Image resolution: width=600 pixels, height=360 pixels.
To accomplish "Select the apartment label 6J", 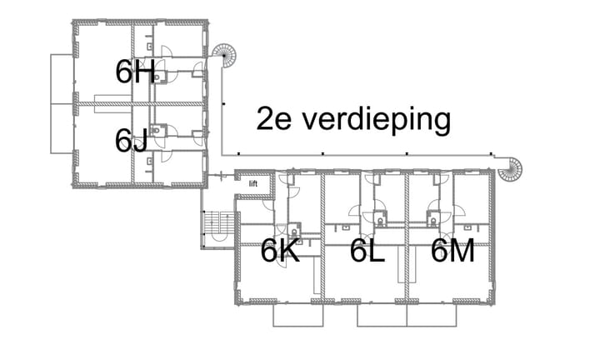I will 132,140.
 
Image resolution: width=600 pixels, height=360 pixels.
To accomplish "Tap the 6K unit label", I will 279,250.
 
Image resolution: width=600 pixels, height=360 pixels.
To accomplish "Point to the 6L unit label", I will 367,250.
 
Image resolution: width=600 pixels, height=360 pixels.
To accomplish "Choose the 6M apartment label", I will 452,250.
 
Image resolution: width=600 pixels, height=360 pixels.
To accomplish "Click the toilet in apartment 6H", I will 159,77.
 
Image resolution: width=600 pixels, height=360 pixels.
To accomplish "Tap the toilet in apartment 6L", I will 380,221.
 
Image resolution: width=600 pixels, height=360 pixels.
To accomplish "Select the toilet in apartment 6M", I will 432,221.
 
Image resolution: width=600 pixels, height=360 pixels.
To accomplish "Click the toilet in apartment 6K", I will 294,232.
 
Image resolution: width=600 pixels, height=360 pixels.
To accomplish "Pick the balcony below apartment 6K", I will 299,315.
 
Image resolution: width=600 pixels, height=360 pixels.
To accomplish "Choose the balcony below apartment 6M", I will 432,315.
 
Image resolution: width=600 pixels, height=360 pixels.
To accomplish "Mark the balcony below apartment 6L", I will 382,315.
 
